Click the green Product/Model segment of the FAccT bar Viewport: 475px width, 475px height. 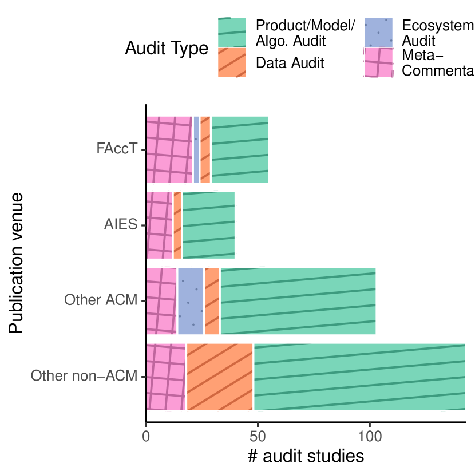coord(239,150)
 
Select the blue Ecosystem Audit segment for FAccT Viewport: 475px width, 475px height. coord(196,150)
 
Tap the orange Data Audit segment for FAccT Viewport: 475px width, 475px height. coord(205,150)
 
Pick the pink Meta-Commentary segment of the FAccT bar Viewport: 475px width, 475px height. coord(169,150)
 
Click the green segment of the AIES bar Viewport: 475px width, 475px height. coord(208,225)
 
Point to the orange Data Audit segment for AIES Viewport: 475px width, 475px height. coord(177,225)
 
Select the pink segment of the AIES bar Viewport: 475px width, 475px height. coord(160,225)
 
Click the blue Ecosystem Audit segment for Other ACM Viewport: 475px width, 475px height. coord(191,301)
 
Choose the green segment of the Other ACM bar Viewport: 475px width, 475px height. coord(298,301)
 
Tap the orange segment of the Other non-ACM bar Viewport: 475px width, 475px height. coord(220,377)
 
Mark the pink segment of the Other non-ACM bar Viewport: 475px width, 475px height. coord(167,377)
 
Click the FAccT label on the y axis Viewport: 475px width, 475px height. coord(117,150)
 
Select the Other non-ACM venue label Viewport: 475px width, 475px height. coord(85,377)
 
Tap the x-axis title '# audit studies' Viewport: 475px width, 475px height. coord(306,457)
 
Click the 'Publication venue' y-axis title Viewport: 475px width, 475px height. coord(17,263)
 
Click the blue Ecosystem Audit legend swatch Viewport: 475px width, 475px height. coord(378,33)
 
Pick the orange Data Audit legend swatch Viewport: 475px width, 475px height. coord(232,62)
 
